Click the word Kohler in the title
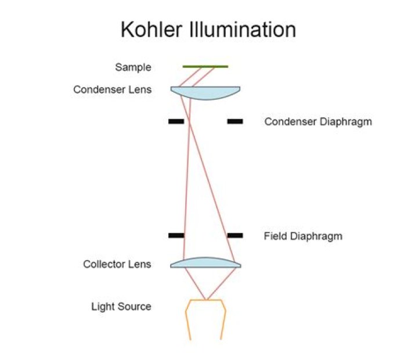click(x=152, y=30)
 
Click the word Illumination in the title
click(x=243, y=30)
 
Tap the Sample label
click(x=133, y=67)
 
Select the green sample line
click(x=206, y=66)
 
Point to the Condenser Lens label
click(x=113, y=89)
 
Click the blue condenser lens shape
click(x=206, y=92)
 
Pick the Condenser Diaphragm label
click(x=318, y=122)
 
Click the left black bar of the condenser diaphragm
click(x=176, y=121)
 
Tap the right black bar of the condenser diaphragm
click(x=235, y=121)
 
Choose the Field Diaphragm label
click(x=303, y=236)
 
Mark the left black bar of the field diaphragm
click(x=176, y=236)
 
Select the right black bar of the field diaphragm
click(x=235, y=236)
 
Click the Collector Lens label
click(x=117, y=264)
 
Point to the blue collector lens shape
click(x=206, y=263)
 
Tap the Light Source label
click(x=121, y=307)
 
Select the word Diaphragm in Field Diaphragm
click(x=316, y=236)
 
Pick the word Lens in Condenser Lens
click(x=140, y=89)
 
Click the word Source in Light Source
click(x=134, y=307)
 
